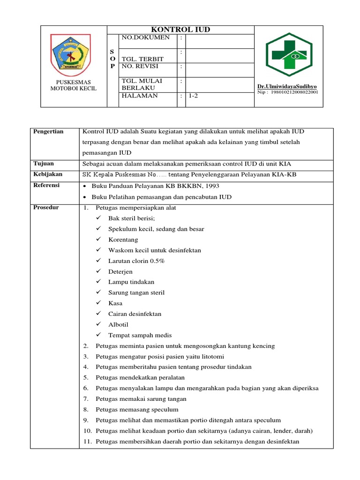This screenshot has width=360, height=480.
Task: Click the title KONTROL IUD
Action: point(180,30)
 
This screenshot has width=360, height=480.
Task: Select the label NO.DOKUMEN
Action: point(145,37)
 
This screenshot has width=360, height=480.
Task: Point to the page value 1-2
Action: point(194,96)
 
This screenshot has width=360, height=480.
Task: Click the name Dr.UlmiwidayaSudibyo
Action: point(287,87)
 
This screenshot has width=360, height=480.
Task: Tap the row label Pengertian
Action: point(48,132)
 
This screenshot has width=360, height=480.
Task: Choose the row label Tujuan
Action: point(44,164)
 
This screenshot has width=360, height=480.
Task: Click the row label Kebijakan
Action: point(47,174)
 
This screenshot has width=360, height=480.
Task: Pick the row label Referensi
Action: point(46,186)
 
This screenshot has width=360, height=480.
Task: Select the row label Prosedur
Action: point(46,208)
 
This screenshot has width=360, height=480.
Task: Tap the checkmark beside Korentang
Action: point(98,240)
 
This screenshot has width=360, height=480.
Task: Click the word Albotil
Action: point(118,324)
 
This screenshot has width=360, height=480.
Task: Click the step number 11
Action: point(87,442)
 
